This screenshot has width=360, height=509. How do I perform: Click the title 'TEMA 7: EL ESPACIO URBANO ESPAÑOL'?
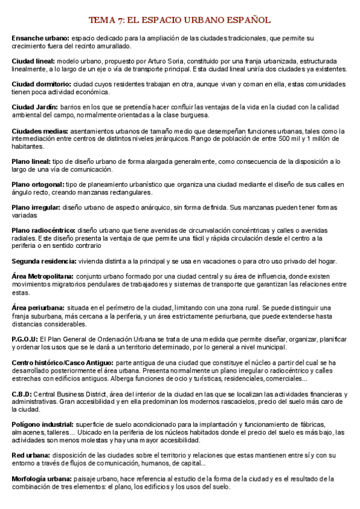(179, 20)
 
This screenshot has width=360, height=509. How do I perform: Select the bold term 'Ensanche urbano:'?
(40, 38)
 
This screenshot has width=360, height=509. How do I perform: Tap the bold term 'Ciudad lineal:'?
(34, 61)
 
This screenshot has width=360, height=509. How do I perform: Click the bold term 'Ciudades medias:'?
(40, 131)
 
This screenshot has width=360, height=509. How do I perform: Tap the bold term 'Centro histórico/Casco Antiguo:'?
(62, 363)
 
